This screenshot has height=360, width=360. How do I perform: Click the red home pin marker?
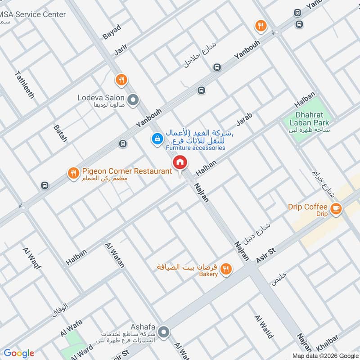click(180, 162)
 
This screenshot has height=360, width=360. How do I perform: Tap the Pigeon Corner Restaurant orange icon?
click(73, 172)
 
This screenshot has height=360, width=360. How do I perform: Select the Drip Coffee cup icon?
click(335, 208)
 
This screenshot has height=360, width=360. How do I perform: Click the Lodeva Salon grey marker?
click(133, 100)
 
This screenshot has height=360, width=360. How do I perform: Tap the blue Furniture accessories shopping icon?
click(157, 139)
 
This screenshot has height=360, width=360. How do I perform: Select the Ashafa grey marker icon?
click(164, 333)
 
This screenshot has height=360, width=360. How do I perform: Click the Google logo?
click(19, 353)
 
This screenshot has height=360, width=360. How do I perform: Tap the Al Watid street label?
click(264, 326)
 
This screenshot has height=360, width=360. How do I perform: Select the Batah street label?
click(60, 134)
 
